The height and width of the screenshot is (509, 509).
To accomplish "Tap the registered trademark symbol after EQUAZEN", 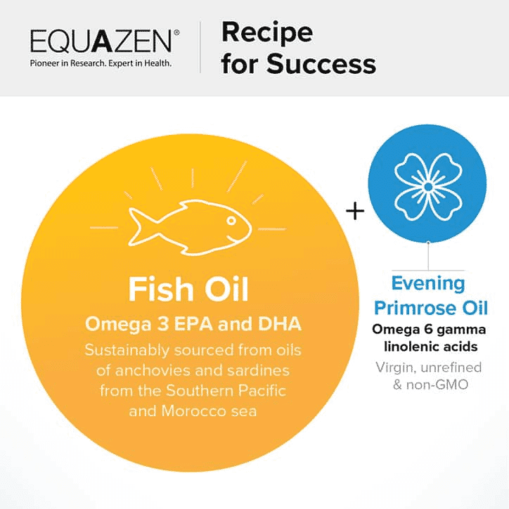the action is (176, 32).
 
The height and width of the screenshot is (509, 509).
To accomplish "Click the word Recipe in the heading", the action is (267, 34).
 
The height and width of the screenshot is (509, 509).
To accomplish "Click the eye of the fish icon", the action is (231, 221).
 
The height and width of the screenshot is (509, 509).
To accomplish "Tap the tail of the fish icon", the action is (138, 226).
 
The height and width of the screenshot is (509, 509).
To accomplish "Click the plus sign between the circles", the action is (355, 212).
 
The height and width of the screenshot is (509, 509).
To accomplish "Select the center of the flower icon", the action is (428, 187).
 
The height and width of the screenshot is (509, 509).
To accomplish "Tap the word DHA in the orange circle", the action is (280, 324).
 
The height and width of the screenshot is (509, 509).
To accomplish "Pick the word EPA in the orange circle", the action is (193, 324).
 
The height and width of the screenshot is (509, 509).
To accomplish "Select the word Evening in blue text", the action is (428, 284).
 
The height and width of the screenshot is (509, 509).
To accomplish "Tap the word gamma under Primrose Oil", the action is (466, 330).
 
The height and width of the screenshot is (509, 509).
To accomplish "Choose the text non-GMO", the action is (437, 385).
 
